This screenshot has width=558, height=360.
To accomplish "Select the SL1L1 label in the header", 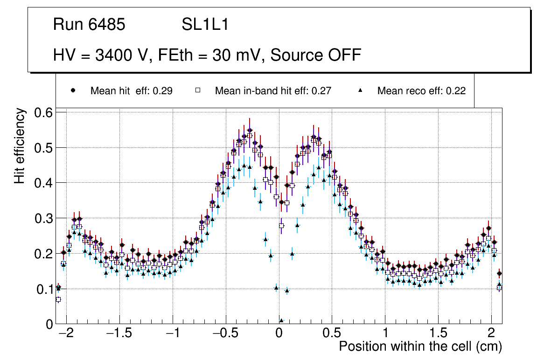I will point(205,25).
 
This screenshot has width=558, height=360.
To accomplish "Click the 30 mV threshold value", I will point(236,55).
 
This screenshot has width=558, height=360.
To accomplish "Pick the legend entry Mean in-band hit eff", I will point(273,91).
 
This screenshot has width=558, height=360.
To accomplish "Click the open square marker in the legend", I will point(197,90).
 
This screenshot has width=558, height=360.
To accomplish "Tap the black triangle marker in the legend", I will point(360,90).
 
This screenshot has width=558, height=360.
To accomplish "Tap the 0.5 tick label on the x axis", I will point(332,334).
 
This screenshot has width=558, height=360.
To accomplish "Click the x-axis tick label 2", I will point(491,334).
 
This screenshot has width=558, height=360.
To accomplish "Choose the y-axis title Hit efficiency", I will point(20,145).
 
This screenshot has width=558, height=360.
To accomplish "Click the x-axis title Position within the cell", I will point(420,346).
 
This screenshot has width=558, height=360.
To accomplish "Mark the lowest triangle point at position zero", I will point(281,320).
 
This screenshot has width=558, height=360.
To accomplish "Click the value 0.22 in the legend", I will point(456,91).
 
